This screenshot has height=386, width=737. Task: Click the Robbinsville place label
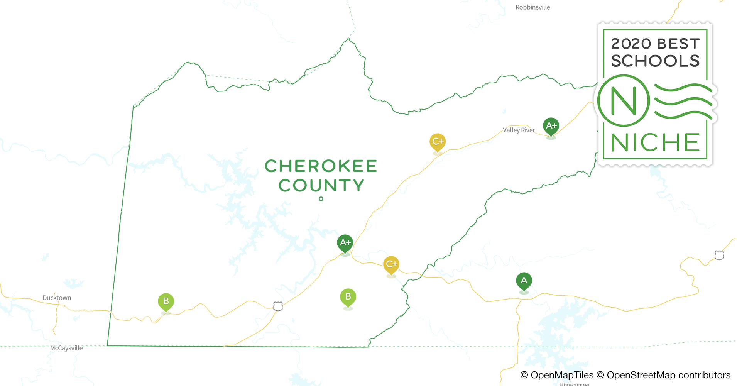click(x=532, y=7)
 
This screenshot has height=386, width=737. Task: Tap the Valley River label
click(x=519, y=130)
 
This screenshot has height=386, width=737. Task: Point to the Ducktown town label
click(x=57, y=298)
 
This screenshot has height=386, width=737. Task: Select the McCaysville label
click(x=66, y=348)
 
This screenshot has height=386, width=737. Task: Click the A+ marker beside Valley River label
click(x=551, y=126)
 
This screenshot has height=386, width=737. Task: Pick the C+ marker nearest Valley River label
click(x=438, y=142)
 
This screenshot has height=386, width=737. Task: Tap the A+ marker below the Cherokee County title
click(x=345, y=243)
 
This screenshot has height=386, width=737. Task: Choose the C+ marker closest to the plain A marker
click(x=391, y=264)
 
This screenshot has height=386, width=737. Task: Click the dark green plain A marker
click(x=524, y=281)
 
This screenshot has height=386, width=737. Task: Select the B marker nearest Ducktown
click(x=166, y=301)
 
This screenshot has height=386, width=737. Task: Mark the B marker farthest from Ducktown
click(x=348, y=297)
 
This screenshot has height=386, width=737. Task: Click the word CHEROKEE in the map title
click(x=321, y=166)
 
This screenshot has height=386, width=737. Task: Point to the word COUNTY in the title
click(x=321, y=186)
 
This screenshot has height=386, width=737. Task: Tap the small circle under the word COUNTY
click(x=321, y=199)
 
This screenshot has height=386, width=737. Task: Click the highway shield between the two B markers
click(x=278, y=306)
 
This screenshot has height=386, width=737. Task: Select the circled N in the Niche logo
click(x=624, y=101)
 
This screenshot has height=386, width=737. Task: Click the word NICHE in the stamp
click(x=655, y=143)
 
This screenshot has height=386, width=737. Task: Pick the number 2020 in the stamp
click(x=631, y=44)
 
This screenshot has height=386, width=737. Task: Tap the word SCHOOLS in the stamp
click(x=655, y=61)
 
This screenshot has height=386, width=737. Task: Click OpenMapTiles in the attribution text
click(x=562, y=375)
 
